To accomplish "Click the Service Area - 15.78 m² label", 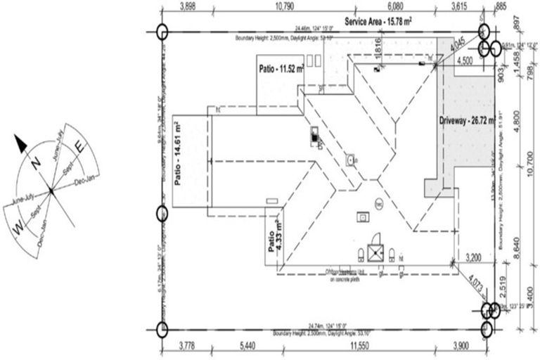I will point(378,22).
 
